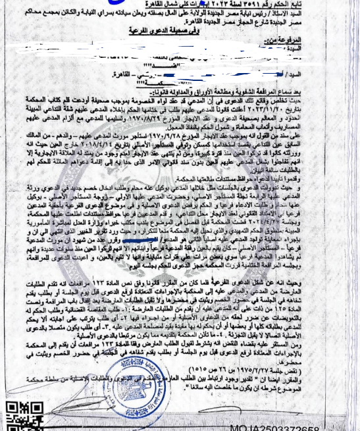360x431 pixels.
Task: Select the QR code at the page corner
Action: (x=17, y=414)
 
